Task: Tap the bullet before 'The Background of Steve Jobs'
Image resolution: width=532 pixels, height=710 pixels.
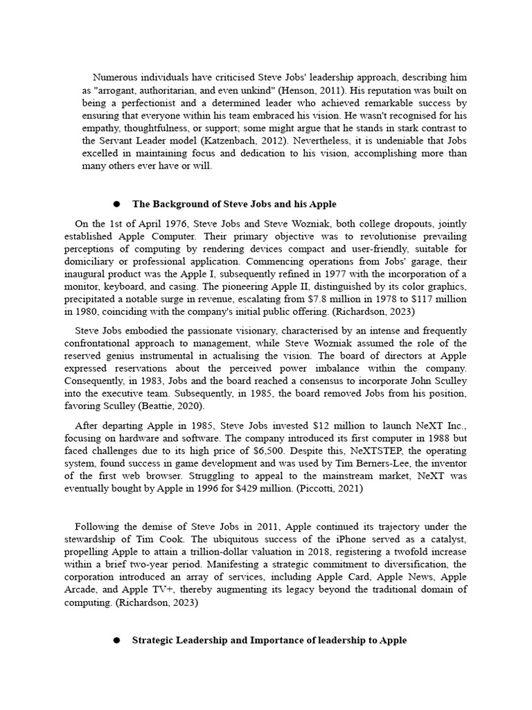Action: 116,204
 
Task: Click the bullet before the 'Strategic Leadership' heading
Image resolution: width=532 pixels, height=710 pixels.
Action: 116,640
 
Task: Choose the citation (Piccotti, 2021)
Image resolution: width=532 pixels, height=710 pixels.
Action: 322,489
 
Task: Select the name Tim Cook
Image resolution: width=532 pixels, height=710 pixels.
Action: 197,539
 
